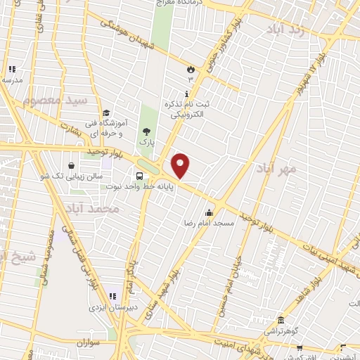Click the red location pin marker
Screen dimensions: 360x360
(181, 165)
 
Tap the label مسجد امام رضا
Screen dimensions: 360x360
(210, 223)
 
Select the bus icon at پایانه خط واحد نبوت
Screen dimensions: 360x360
(139, 176)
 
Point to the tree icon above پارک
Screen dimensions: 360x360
(146, 131)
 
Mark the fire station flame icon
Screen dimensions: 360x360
(190, 68)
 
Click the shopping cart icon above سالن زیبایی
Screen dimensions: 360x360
(72, 165)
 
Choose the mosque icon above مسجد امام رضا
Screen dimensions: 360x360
(210, 212)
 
